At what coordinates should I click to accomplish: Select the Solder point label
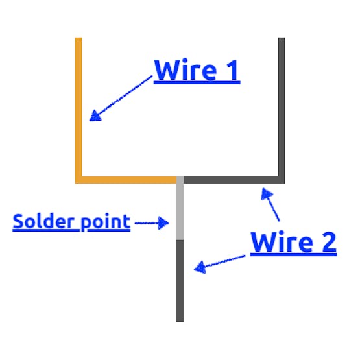pyautogui.click(x=71, y=222)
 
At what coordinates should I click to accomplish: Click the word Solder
pyautogui.click(x=43, y=221)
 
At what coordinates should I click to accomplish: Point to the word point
pyautogui.click(x=106, y=222)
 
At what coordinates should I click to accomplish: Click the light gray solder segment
pyautogui.click(x=180, y=208)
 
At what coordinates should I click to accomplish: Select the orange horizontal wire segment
pyautogui.click(x=126, y=180)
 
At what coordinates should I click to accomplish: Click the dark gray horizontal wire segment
pyautogui.click(x=231, y=180)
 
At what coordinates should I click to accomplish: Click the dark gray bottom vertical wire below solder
pyautogui.click(x=180, y=281)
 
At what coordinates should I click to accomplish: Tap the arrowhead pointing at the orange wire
pyautogui.click(x=95, y=116)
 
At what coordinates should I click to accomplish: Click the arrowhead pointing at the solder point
pyautogui.click(x=163, y=223)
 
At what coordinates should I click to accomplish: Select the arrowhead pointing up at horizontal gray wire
pyautogui.click(x=267, y=194)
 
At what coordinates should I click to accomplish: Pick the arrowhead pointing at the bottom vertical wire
pyautogui.click(x=200, y=267)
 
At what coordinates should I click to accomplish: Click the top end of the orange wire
pyautogui.click(x=78, y=38)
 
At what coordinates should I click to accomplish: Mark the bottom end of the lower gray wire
pyautogui.click(x=180, y=322)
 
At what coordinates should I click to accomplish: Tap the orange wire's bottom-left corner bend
pyautogui.click(x=78, y=180)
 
